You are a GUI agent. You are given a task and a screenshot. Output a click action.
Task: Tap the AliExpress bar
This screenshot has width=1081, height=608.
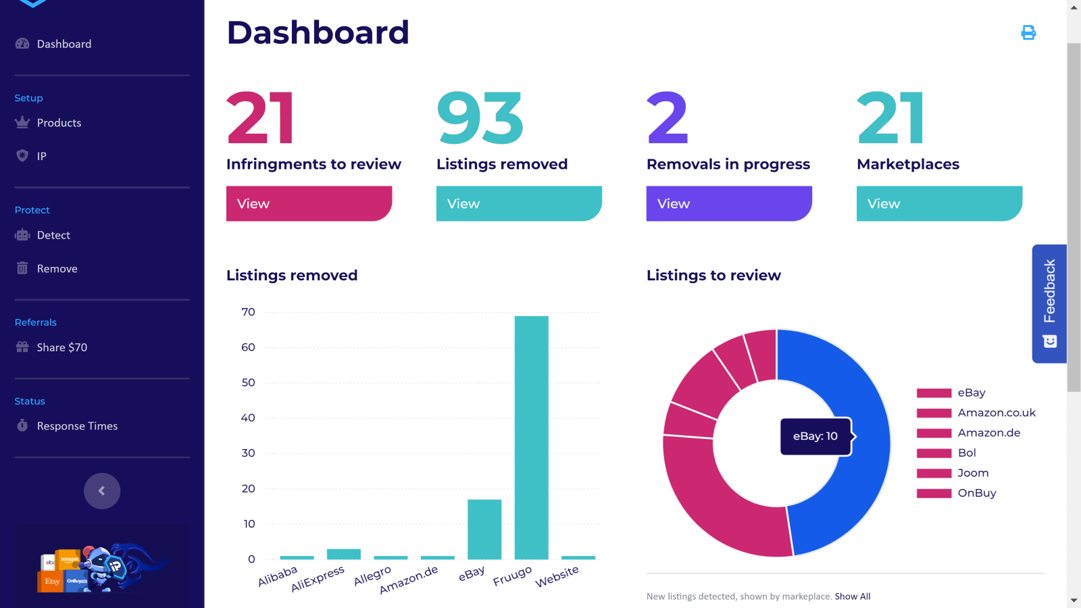pyautogui.click(x=343, y=554)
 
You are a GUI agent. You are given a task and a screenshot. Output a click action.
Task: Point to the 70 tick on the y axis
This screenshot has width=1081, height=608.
pyautogui.click(x=248, y=312)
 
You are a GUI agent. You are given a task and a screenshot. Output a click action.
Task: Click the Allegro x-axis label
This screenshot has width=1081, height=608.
pyautogui.click(x=372, y=576)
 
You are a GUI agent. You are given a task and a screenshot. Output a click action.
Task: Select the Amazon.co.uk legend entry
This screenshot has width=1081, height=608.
pyautogui.click(x=996, y=413)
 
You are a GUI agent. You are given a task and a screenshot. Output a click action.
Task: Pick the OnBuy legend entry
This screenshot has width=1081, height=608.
pyautogui.click(x=976, y=493)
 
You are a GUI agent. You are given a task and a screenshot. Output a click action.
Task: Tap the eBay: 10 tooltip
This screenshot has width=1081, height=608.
pyautogui.click(x=815, y=436)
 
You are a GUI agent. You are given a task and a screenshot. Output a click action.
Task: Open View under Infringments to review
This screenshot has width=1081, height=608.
pyautogui.click(x=309, y=203)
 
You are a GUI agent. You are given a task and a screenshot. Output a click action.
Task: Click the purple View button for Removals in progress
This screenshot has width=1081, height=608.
pyautogui.click(x=728, y=203)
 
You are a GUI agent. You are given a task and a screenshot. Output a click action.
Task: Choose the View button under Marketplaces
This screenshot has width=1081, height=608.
pyautogui.click(x=938, y=203)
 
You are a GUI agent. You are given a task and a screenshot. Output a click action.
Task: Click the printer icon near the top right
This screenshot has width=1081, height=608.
pyautogui.click(x=1028, y=32)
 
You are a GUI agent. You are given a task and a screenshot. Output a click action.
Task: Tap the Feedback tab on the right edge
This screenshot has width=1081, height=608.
pyautogui.click(x=1049, y=303)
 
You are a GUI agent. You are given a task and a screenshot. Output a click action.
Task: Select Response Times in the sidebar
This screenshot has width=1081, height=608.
pyautogui.click(x=77, y=426)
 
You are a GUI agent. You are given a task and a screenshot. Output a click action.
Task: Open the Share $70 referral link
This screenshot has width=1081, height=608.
pyautogui.click(x=61, y=347)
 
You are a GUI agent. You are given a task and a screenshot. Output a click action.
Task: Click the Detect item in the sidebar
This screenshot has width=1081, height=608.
pyautogui.click(x=53, y=235)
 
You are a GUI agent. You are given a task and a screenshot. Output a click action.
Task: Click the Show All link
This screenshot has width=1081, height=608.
pyautogui.click(x=853, y=597)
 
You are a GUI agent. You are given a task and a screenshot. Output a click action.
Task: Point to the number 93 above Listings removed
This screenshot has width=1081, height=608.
pyautogui.click(x=480, y=119)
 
